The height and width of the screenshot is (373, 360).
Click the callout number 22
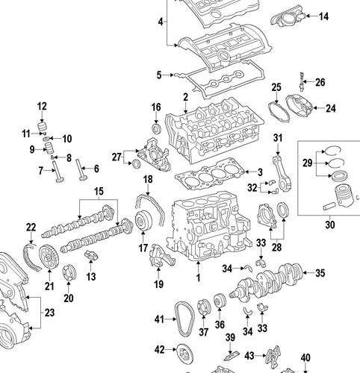[31, 228]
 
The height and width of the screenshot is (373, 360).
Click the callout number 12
[42, 105]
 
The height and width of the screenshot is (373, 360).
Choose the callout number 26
[320, 82]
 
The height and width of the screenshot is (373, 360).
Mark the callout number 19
[158, 283]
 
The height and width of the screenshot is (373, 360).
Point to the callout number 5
[158, 75]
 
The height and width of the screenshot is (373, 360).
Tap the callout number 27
[116, 157]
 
